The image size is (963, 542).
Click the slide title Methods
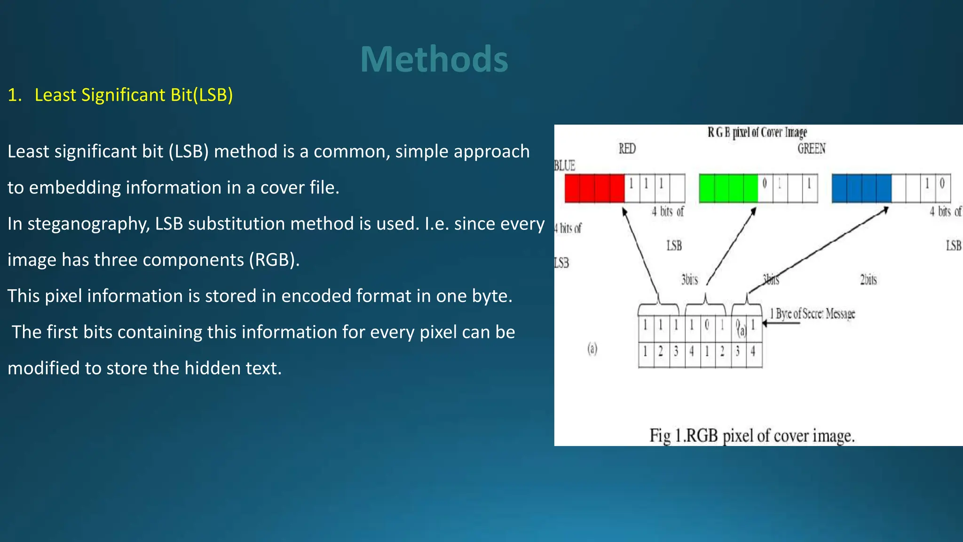pyautogui.click(x=434, y=59)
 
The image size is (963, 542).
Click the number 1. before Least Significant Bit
pyautogui.click(x=15, y=95)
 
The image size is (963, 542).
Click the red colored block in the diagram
pyautogui.click(x=594, y=188)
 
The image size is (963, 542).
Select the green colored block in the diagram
pyautogui.click(x=728, y=188)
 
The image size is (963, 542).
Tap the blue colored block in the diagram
pyautogui.click(x=861, y=188)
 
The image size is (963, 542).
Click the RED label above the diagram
pyautogui.click(x=627, y=149)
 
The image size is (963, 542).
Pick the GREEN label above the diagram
pyautogui.click(x=811, y=149)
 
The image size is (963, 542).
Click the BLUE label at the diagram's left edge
pyautogui.click(x=565, y=166)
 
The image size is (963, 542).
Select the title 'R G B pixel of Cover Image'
pyautogui.click(x=757, y=132)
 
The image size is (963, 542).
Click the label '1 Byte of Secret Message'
pyautogui.click(x=812, y=314)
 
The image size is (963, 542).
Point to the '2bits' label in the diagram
pyautogui.click(x=868, y=280)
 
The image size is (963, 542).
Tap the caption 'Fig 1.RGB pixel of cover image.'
pyautogui.click(x=751, y=436)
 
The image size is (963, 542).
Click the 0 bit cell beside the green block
pyautogui.click(x=765, y=183)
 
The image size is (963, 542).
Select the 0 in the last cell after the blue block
pyautogui.click(x=942, y=183)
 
